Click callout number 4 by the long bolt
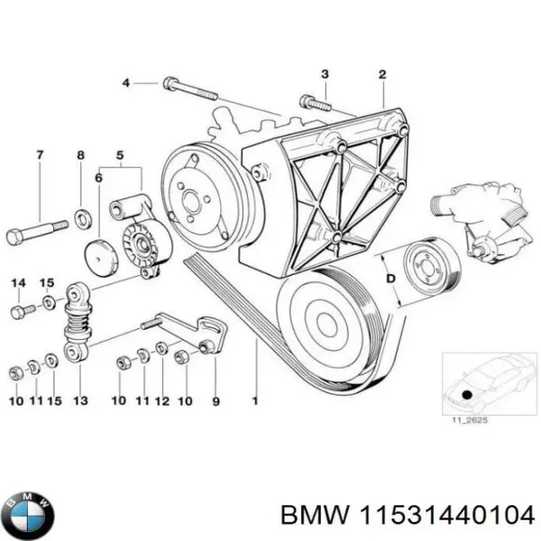[127, 83]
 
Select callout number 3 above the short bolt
[326, 73]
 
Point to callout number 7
[40, 156]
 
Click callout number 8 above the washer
[80, 156]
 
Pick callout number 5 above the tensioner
[120, 156]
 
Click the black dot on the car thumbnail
[465, 393]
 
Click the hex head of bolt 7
[15, 237]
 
